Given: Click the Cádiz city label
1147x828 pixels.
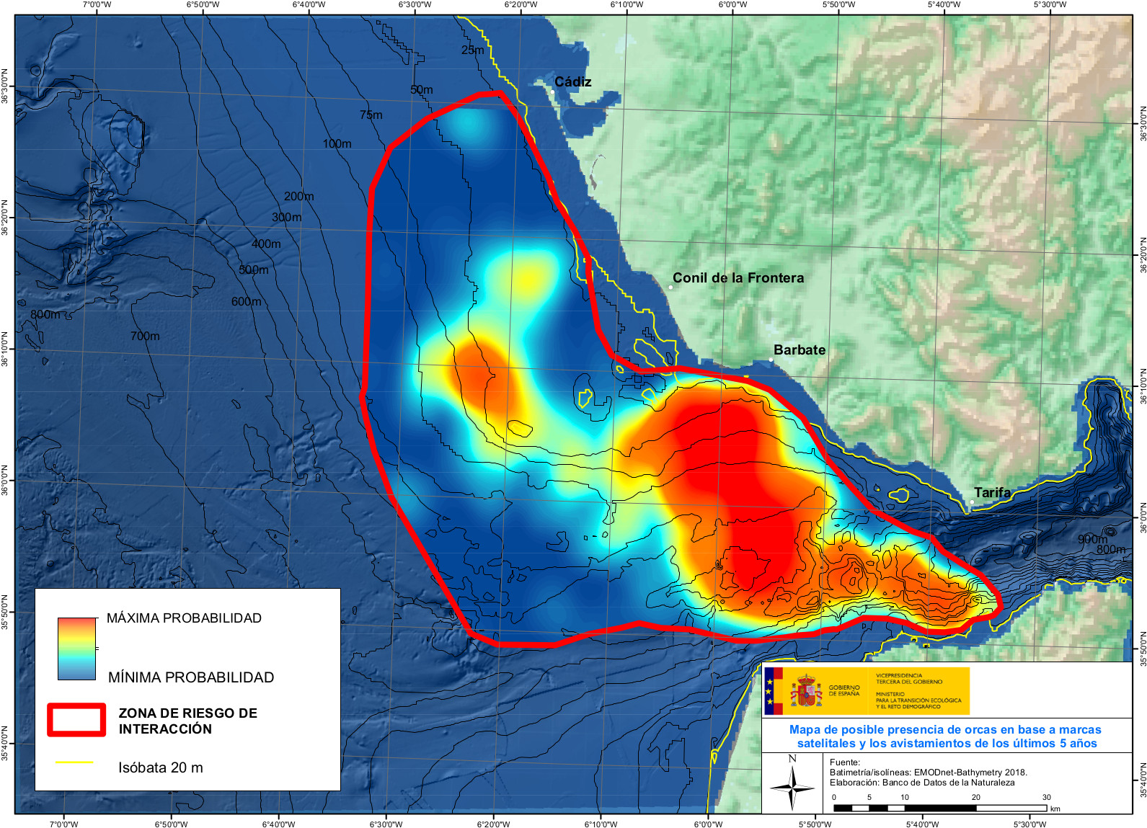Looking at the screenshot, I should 572,82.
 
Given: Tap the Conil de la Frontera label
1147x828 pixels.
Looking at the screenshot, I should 738,278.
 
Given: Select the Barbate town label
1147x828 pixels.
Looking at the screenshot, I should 799,350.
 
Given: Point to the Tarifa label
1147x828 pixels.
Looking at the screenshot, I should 992,492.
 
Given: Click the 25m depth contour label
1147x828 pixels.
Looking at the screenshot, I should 473,50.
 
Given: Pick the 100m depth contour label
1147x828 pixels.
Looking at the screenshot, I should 337,144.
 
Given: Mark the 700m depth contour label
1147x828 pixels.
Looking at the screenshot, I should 145,336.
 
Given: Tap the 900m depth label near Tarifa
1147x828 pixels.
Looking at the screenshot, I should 1092,539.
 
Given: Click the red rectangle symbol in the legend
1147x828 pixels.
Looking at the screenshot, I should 76,720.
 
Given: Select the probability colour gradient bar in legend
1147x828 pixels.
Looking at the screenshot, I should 76,649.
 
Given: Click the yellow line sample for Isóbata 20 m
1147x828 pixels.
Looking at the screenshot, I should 74,762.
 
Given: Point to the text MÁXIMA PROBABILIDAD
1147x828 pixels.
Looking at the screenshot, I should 184,618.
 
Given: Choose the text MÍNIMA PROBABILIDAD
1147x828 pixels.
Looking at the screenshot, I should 191,677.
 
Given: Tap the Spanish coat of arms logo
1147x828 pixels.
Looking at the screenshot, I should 806,691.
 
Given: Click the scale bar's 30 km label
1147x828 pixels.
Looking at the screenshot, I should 1046,797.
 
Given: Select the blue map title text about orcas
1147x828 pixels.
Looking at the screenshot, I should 946,736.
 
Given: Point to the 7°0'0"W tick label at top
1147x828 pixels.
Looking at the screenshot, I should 97,5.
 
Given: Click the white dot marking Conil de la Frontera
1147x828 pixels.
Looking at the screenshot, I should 670,287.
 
